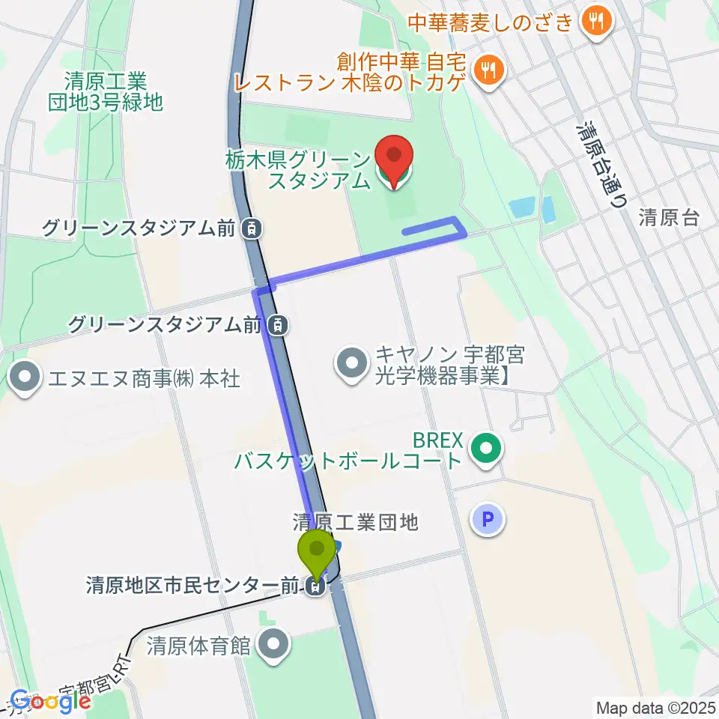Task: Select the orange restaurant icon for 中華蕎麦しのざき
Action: pos(596,21)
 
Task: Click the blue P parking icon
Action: pos(488,518)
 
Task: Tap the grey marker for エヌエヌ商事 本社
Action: pos(25,377)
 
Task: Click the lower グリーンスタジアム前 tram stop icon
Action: pos(278,325)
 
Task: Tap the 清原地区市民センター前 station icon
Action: pos(316,588)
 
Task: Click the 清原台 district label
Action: pos(669,218)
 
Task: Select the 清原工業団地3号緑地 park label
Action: pos(105,91)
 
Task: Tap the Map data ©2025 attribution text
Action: pos(655,706)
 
